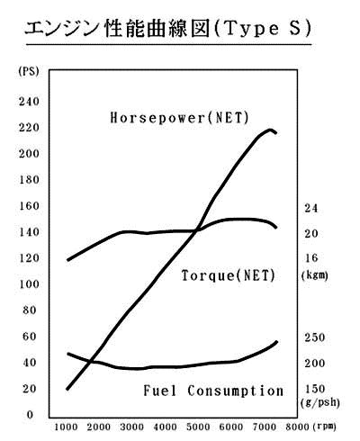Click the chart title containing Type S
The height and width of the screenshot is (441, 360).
click(168, 30)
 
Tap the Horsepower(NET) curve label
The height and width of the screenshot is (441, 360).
click(180, 117)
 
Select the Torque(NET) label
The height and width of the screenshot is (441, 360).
click(229, 275)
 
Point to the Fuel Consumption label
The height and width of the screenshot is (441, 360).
click(213, 391)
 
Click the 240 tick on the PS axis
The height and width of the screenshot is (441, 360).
click(29, 102)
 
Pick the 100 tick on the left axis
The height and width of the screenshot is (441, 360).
click(29, 283)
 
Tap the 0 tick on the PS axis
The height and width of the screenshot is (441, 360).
click(30, 415)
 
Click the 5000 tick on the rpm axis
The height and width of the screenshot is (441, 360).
click(198, 427)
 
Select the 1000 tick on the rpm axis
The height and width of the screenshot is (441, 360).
click(66, 427)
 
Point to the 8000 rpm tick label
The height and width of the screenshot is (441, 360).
click(297, 427)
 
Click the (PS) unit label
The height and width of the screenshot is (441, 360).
click(29, 71)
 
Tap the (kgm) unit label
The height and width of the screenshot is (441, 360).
click(314, 275)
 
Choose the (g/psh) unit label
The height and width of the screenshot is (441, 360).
click(319, 402)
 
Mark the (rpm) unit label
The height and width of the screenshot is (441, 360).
click(324, 427)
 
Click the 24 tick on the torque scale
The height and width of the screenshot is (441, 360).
click(311, 208)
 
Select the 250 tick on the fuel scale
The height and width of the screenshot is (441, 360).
click(315, 337)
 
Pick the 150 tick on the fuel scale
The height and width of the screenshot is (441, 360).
click(315, 389)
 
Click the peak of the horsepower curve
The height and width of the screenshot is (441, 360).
click(270, 130)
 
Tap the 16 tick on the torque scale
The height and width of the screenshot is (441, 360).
click(311, 257)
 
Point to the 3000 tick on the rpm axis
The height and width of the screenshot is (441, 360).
click(131, 427)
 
